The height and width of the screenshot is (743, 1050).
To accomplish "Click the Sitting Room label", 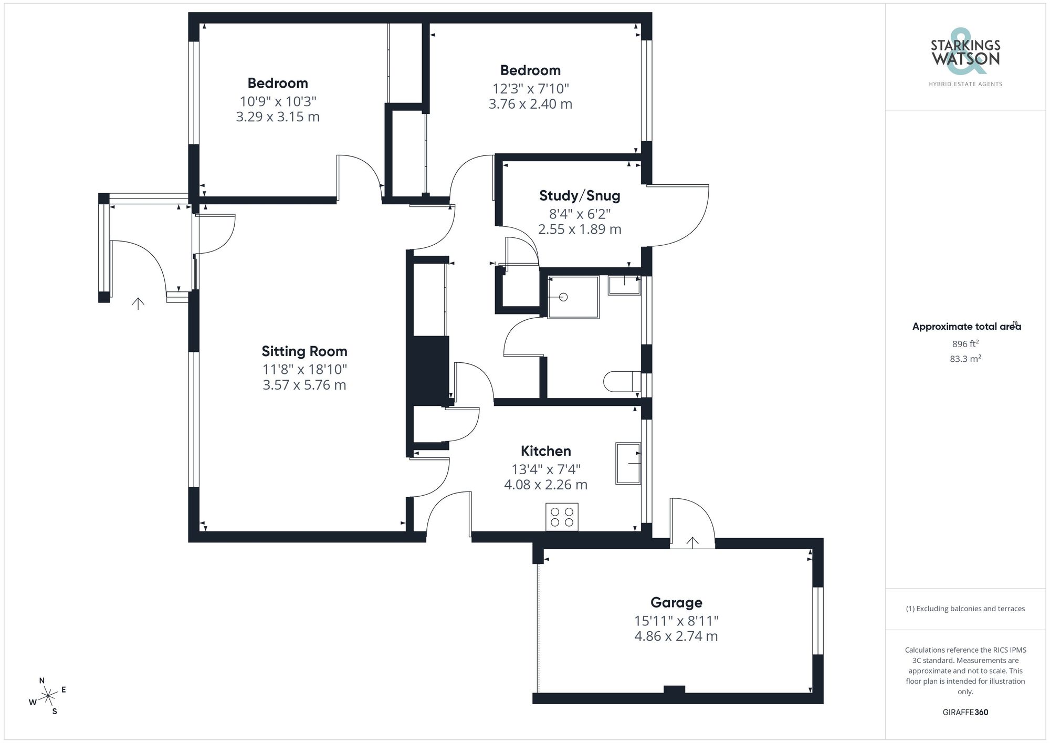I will click(x=304, y=351).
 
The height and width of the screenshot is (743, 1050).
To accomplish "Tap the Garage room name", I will click(x=676, y=602).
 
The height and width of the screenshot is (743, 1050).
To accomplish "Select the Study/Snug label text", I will click(x=580, y=196).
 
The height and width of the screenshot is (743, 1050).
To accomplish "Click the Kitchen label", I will click(x=545, y=451).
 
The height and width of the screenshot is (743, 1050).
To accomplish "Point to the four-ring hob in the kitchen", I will click(x=562, y=516).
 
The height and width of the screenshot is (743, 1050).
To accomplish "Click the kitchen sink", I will click(x=628, y=463).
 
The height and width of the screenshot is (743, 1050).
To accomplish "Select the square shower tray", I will click(x=573, y=297).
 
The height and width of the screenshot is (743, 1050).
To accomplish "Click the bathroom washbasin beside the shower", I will click(x=624, y=286).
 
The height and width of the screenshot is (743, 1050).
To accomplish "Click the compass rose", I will click(x=48, y=696).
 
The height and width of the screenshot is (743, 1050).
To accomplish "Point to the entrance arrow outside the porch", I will click(x=138, y=303).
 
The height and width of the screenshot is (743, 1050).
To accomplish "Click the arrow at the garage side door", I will click(x=692, y=542).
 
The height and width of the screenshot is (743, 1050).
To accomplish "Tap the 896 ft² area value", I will click(x=965, y=344).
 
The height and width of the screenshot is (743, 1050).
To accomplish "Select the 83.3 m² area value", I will click(x=965, y=359).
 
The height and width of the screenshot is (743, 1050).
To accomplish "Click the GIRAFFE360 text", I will click(x=965, y=712).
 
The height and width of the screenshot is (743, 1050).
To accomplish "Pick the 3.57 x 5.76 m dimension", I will click(x=304, y=385).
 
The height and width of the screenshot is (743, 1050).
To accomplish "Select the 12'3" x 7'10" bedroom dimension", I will click(x=530, y=89).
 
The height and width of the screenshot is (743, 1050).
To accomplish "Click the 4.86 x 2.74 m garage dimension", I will click(x=676, y=636).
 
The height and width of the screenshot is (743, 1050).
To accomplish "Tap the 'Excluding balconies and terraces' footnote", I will click(x=965, y=609).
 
